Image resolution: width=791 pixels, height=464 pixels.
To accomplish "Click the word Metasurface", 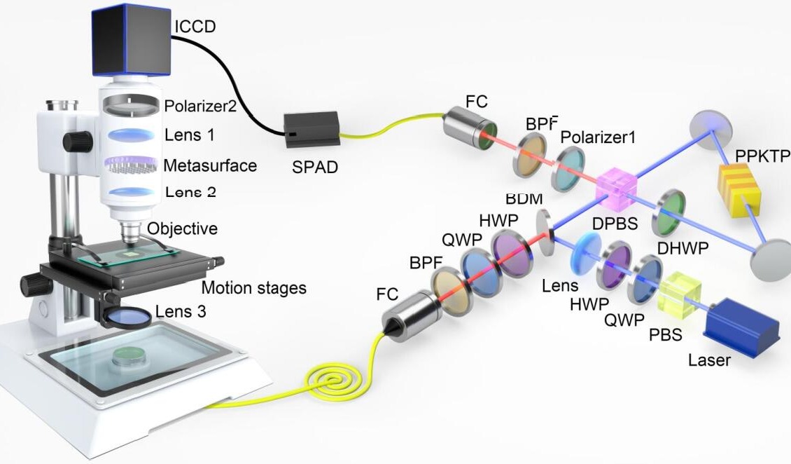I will [210, 166].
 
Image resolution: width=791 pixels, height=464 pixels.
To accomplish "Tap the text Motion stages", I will [254, 287].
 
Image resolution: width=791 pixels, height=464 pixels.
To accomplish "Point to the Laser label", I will [710, 361].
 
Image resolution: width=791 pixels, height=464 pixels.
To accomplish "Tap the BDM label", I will [528, 198].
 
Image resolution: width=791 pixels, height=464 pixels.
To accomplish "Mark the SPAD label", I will [311, 169].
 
